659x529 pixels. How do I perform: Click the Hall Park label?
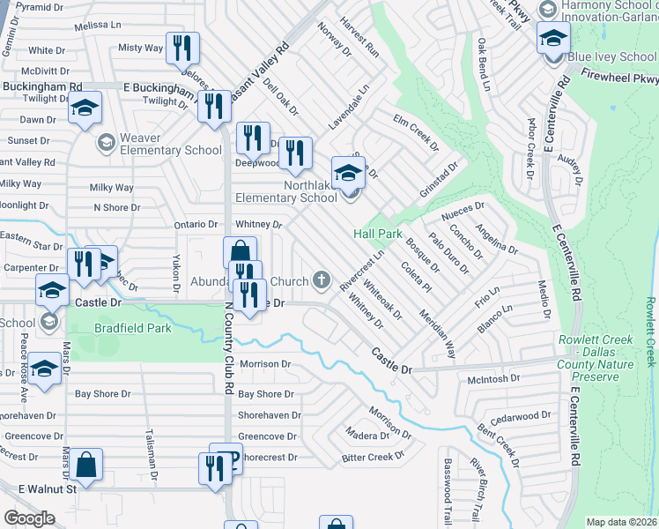click(x=378, y=234)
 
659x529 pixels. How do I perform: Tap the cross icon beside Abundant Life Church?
click(x=322, y=281)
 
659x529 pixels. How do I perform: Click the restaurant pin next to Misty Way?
click(x=182, y=49)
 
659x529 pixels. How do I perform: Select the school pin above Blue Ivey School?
click(x=553, y=39)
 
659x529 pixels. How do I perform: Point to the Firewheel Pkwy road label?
click(x=608, y=78)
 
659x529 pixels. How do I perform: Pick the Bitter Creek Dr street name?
click(x=372, y=457)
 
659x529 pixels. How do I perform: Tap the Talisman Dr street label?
click(x=152, y=455)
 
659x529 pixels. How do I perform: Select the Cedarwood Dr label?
click(x=521, y=414)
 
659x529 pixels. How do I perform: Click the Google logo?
click(x=29, y=518)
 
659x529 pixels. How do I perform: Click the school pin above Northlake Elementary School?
click(x=348, y=173)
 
